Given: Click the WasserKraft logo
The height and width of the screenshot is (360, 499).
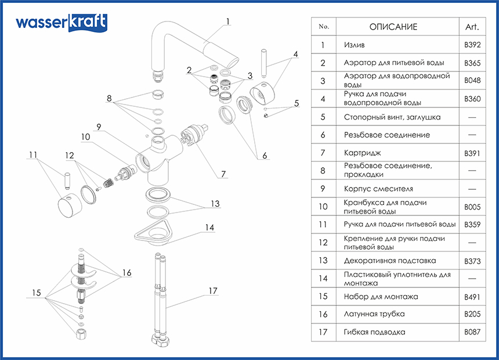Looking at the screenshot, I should [61, 23].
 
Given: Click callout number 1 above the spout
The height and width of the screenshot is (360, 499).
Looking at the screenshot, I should [228, 22].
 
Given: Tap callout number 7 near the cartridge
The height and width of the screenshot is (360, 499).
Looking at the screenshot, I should [223, 174].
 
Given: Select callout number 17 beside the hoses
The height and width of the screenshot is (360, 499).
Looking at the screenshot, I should [213, 290].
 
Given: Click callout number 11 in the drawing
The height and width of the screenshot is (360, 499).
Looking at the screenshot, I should [33, 154].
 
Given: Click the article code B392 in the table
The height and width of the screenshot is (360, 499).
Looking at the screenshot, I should [472, 44].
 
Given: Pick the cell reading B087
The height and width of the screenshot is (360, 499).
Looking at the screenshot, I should [472, 332].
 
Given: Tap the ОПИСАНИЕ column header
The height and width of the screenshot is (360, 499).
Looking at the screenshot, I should [393, 27].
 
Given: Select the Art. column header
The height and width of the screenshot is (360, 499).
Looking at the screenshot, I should [472, 27].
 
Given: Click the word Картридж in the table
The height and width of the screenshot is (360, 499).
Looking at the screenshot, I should [362, 153].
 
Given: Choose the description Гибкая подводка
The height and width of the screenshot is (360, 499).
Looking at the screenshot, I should [374, 332].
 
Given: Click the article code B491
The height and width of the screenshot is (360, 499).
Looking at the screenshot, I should [472, 297].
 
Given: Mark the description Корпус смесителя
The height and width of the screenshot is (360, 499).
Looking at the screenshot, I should [378, 189].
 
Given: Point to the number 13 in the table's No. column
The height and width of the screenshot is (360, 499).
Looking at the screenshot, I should [324, 261].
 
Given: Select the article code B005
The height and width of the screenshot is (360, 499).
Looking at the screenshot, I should [472, 207].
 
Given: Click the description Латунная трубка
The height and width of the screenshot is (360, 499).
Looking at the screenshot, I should [374, 314].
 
